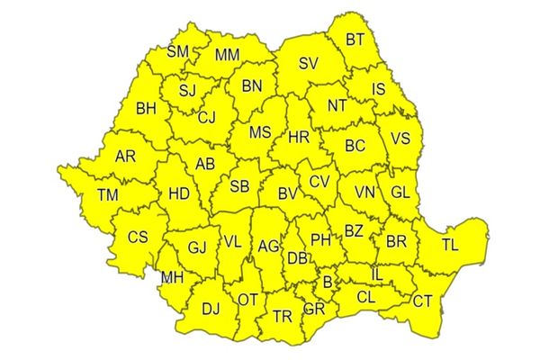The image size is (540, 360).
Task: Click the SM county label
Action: click(x=177, y=52)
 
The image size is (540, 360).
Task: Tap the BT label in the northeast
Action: click(x=355, y=40)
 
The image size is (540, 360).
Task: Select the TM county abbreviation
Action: click(x=107, y=195)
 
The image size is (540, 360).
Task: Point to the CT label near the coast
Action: click(x=422, y=301)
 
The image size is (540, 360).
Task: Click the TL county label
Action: click(x=450, y=244)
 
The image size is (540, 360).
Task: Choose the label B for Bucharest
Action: click(x=327, y=283)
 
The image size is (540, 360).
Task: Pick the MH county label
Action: click(x=172, y=276)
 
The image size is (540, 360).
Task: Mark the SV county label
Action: click(x=309, y=64)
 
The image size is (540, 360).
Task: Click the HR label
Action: click(x=299, y=138)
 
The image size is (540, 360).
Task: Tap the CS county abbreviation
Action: click(x=137, y=238)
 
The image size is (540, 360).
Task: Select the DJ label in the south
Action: click(x=211, y=310)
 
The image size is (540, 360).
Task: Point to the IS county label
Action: click(x=378, y=89)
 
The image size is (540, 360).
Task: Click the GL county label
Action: click(x=400, y=193)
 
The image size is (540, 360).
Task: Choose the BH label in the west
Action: click(x=146, y=110)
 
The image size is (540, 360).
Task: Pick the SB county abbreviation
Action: click(x=239, y=187)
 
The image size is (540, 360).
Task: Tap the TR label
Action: click(x=283, y=316)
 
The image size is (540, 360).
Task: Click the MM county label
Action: click(x=227, y=55)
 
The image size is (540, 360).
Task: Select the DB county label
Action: click(x=296, y=258)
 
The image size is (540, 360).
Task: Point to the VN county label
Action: click(x=364, y=193)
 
